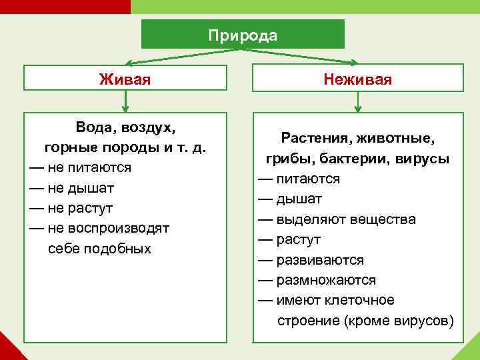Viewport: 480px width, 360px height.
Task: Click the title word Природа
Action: point(243,35)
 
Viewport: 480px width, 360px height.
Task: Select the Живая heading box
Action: point(124,79)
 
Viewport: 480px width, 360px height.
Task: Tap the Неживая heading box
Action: point(357,79)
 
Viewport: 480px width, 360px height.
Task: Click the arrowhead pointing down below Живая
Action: point(125,107)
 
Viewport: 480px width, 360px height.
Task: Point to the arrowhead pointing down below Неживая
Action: point(358,107)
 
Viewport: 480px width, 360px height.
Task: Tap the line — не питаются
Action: point(80,167)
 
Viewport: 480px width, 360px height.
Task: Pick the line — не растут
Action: point(71,208)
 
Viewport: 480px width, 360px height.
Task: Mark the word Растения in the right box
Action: point(315,139)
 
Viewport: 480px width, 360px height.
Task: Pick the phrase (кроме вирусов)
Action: point(399,321)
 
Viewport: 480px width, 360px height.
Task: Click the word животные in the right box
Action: point(396,139)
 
